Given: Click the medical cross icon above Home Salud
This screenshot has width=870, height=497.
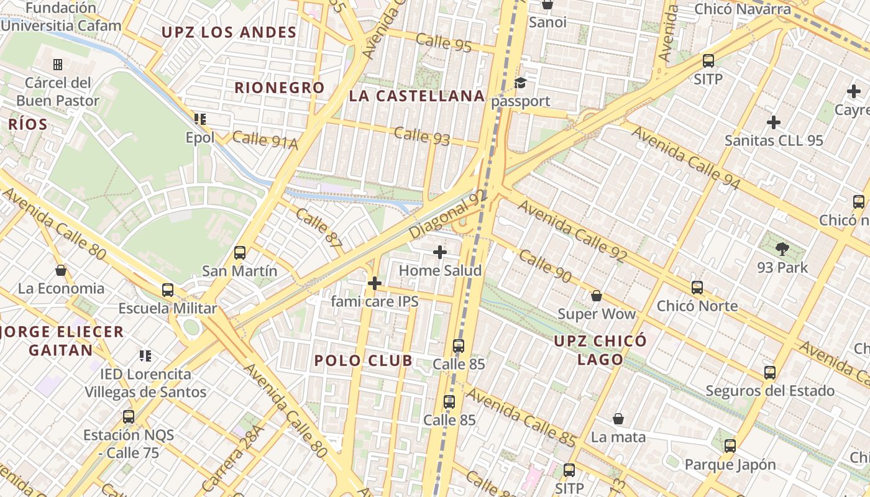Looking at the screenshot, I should [440, 252].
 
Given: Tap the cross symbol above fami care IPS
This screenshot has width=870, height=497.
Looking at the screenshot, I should [374, 284].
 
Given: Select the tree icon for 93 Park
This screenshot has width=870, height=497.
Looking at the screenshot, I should [782, 250].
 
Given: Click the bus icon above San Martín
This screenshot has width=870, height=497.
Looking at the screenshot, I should [240, 253].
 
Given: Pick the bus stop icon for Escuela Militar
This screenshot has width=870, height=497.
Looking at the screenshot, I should [168, 290].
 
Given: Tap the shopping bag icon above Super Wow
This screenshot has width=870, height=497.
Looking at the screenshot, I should [596, 296].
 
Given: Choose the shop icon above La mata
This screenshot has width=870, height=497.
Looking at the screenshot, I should [618, 419].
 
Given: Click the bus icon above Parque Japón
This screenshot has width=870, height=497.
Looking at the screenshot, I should [730, 446].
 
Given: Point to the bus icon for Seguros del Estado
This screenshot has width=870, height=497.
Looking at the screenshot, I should [770, 373].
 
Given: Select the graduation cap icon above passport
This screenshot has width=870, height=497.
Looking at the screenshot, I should [520, 83].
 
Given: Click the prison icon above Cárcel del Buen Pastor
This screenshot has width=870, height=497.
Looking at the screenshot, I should [58, 65].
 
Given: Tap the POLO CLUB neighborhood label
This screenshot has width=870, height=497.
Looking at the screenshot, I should [363, 360].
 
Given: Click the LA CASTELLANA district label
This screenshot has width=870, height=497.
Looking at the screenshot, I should [416, 96].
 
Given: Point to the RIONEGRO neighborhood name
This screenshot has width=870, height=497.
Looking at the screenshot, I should [279, 88].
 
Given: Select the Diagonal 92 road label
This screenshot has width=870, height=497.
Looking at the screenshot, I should [448, 214].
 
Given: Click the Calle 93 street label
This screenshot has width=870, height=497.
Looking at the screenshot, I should [422, 136].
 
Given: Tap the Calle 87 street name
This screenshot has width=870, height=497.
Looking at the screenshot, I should [319, 230].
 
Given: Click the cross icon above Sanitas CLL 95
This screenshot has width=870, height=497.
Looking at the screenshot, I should [773, 122].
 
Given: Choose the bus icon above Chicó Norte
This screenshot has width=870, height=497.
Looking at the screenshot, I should [697, 288].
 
